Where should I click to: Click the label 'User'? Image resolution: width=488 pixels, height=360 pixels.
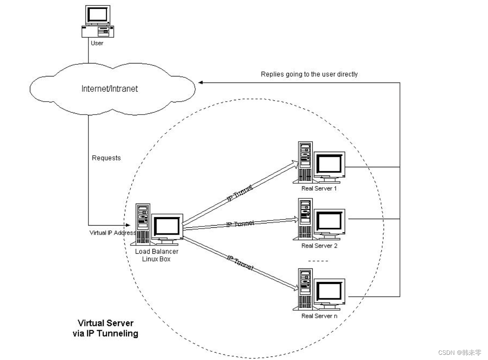click(97, 43)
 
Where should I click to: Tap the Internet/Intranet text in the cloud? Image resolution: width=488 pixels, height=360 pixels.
click(110, 89)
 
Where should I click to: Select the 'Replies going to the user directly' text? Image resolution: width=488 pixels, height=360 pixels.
click(309, 74)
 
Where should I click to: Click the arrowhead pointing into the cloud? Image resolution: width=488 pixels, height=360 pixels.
click(200, 82)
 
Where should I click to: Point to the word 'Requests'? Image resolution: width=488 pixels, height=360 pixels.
click(106, 158)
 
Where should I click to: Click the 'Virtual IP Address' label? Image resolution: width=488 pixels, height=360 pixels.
click(112, 233)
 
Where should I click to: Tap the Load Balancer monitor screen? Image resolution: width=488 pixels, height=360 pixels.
click(167, 226)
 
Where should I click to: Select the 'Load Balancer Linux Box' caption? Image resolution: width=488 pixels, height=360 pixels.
click(156, 255)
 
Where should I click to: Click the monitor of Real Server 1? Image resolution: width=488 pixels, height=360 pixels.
click(330, 164)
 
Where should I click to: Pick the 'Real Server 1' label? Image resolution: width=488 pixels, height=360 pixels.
click(319, 188)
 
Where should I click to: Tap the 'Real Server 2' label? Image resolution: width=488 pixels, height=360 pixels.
click(320, 245)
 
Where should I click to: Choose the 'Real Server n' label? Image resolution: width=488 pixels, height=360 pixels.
click(320, 316)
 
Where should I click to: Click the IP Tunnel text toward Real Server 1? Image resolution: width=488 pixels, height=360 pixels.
click(240, 193)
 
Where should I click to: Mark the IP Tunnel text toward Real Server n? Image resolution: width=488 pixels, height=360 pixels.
click(240, 262)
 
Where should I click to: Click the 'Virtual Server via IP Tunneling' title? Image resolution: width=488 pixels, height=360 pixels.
click(105, 328)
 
